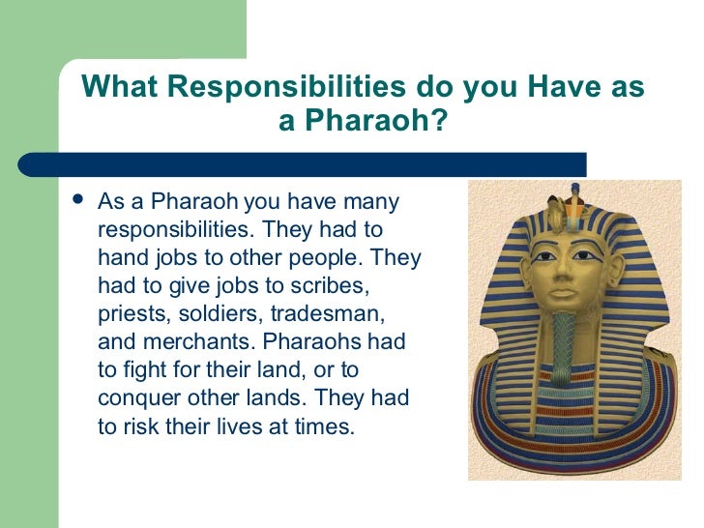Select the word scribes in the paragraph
328,287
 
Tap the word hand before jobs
121,259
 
